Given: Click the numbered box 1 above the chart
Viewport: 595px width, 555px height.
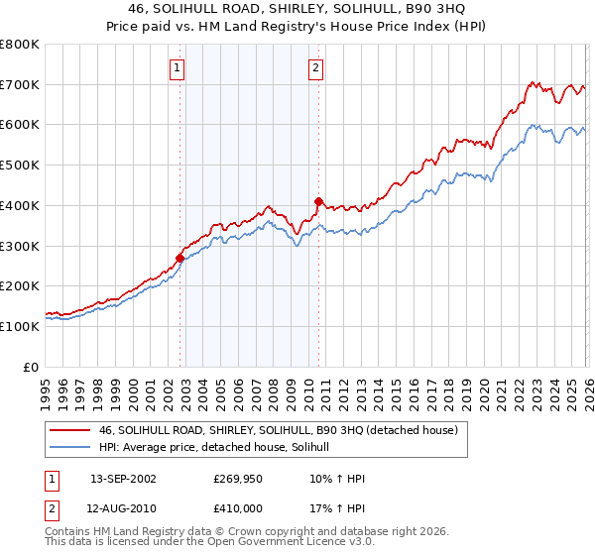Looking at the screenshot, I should coord(177,68).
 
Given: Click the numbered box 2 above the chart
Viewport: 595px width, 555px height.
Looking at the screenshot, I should coord(315,68).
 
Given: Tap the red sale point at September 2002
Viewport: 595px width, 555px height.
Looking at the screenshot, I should coord(179,258).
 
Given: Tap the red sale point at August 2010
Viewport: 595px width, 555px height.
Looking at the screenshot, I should coord(318,201).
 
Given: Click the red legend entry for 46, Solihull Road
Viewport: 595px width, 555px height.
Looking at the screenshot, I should coord(278,431).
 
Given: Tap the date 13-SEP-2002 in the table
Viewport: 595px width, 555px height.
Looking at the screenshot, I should coord(123,478).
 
